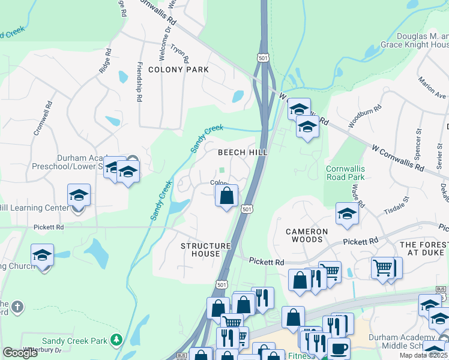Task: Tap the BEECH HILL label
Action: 242,153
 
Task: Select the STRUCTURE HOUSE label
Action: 206,250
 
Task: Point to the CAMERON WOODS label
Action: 307,236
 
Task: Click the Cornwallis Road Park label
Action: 345,173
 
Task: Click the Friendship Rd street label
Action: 139,73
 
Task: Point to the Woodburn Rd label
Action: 365,116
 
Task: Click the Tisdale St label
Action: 396,205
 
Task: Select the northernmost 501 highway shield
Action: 262,57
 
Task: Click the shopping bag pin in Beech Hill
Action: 226,196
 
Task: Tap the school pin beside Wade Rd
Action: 347,215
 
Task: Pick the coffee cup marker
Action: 339,348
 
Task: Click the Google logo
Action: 20,353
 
